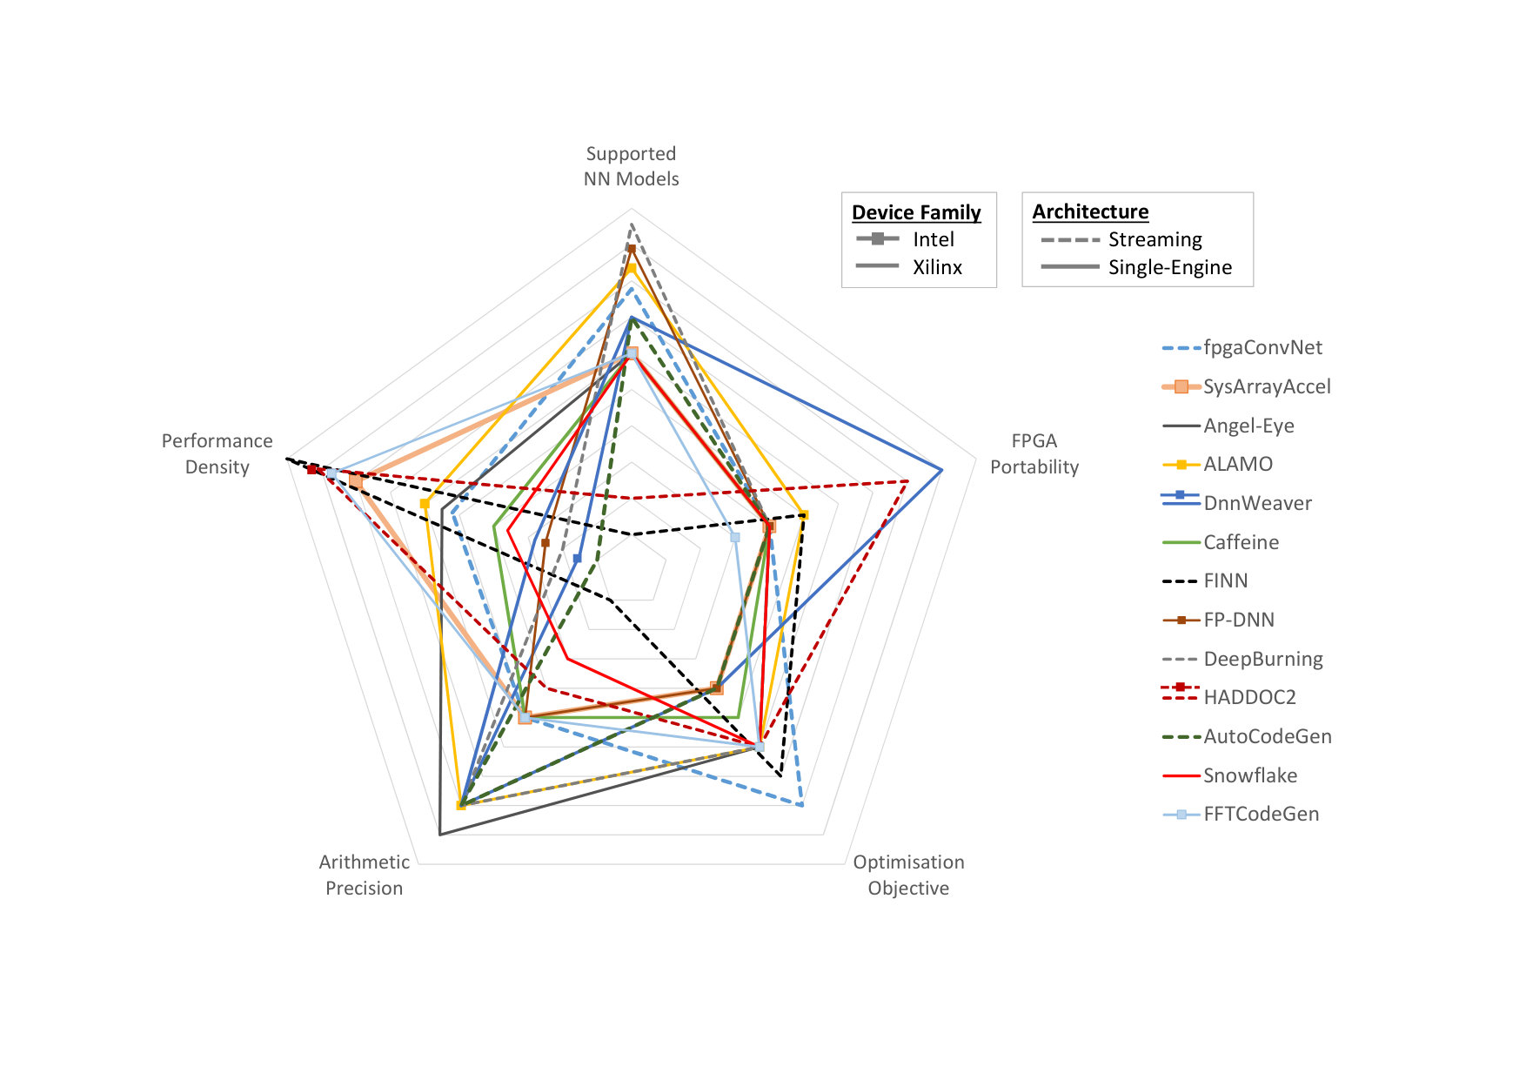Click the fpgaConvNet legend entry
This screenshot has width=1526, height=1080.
pos(1262,348)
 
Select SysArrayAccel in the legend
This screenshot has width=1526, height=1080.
pos(1267,386)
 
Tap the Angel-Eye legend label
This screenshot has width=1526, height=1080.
pos(1248,426)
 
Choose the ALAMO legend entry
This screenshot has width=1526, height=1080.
pos(1238,464)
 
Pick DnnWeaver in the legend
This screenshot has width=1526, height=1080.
pos(1257,503)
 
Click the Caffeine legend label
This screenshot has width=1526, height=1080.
pos(1241,542)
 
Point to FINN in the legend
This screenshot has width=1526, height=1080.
pos(1226,580)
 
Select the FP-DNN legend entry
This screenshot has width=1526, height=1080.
pos(1239,620)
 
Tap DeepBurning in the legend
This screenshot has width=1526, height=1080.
pos(1263,659)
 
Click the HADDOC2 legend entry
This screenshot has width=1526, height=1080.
pos(1249,697)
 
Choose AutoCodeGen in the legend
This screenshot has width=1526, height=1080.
pos(1268,736)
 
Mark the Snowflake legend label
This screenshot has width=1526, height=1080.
pos(1250,775)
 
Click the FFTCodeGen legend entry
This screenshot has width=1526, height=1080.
pos(1261,814)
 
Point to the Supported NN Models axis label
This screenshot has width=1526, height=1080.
pos(631,166)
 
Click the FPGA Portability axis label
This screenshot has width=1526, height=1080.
pos(1034,453)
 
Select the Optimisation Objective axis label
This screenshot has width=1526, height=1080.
pos(908,875)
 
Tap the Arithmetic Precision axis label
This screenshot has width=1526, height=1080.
pos(364,875)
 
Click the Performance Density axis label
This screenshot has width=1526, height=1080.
pos(217,453)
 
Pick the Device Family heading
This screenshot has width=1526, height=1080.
pos(916,212)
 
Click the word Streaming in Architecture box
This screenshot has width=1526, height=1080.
pos(1155,239)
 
